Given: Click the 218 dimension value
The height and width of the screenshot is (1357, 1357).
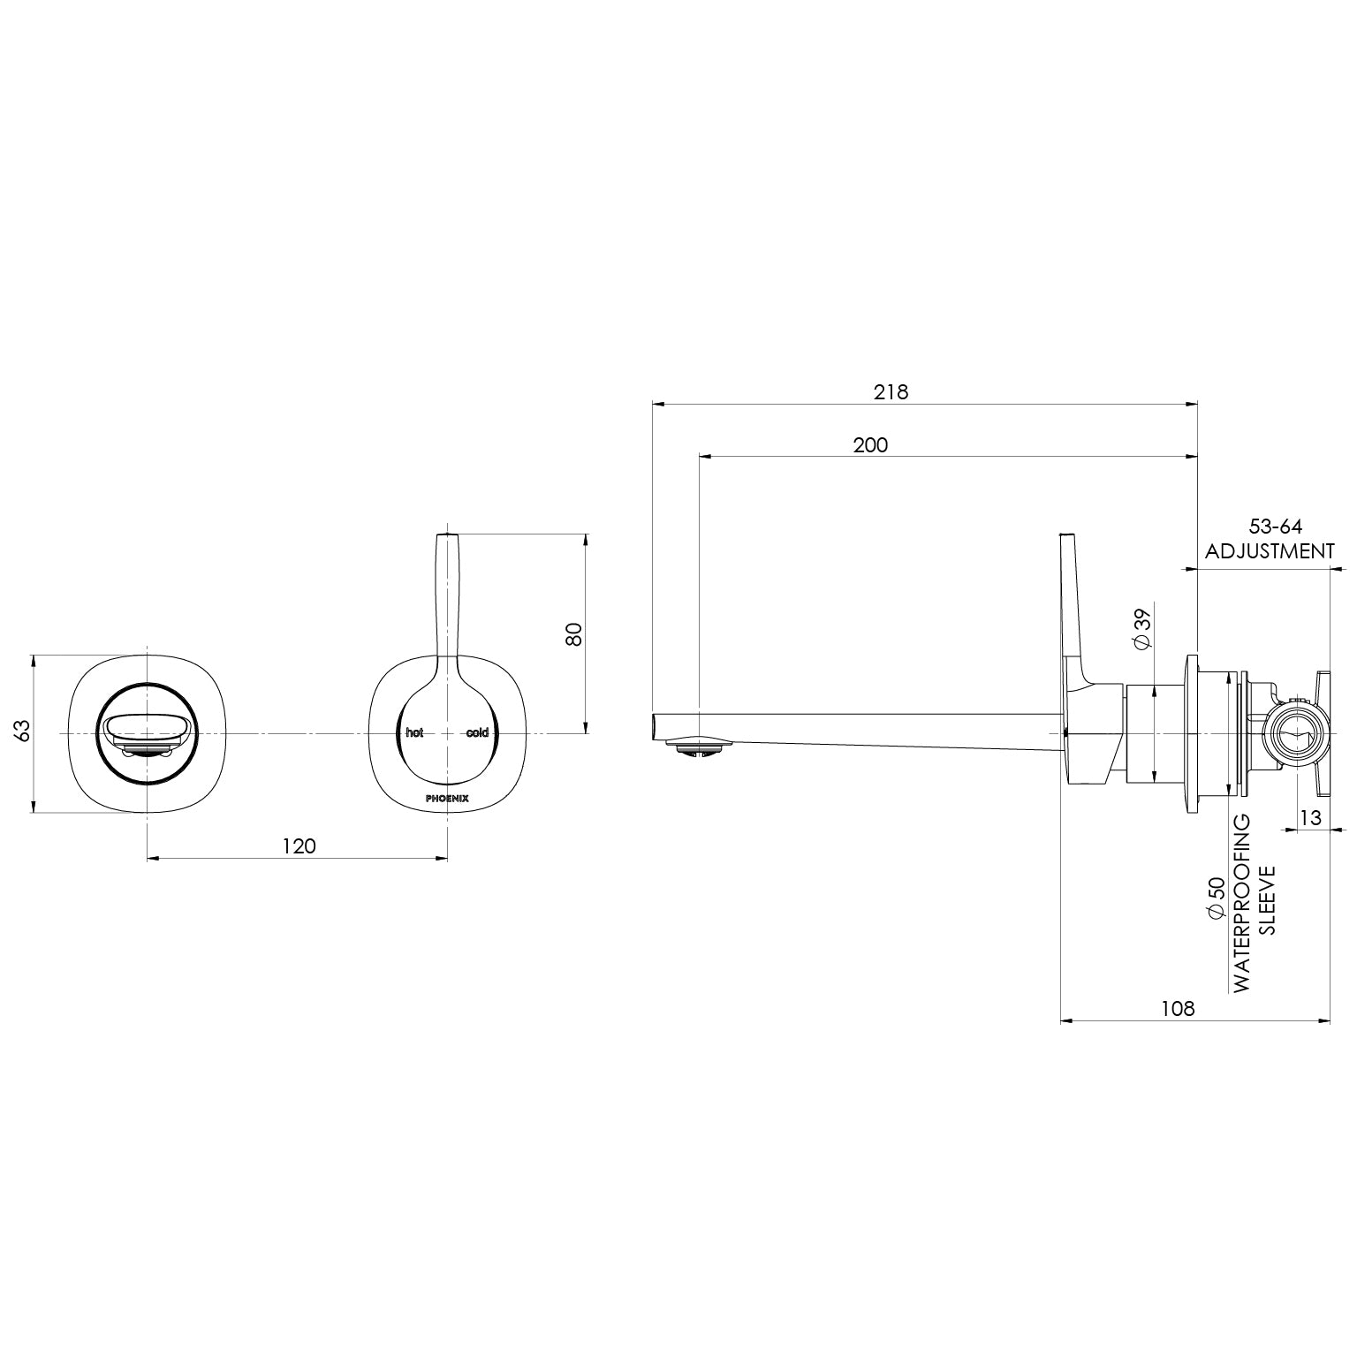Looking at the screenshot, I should [x=891, y=391].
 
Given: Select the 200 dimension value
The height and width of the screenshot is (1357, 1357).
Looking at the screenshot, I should [x=870, y=444].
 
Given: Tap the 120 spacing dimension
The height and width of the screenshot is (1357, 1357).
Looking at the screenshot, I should [x=299, y=845].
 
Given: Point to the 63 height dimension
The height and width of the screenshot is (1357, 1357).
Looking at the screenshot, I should [x=22, y=731].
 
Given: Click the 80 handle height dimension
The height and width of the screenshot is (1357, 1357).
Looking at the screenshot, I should [x=574, y=633].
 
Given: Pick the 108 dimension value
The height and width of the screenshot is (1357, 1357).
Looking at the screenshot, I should [x=1178, y=1008].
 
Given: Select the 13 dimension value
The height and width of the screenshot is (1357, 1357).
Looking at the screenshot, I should [x=1311, y=818].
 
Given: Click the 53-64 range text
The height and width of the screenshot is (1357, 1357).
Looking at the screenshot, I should [x=1270, y=527].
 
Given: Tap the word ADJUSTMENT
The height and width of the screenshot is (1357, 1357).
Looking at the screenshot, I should [x=1270, y=551].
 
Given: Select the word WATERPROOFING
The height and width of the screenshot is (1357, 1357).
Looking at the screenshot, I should [x=1242, y=903].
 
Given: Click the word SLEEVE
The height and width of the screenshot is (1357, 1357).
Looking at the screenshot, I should [x=1267, y=899].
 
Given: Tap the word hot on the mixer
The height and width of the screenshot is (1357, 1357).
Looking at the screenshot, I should [x=414, y=733].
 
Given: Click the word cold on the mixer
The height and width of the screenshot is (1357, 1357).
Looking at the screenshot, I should [x=477, y=733].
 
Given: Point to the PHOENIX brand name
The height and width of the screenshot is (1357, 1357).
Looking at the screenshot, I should [x=447, y=798].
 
